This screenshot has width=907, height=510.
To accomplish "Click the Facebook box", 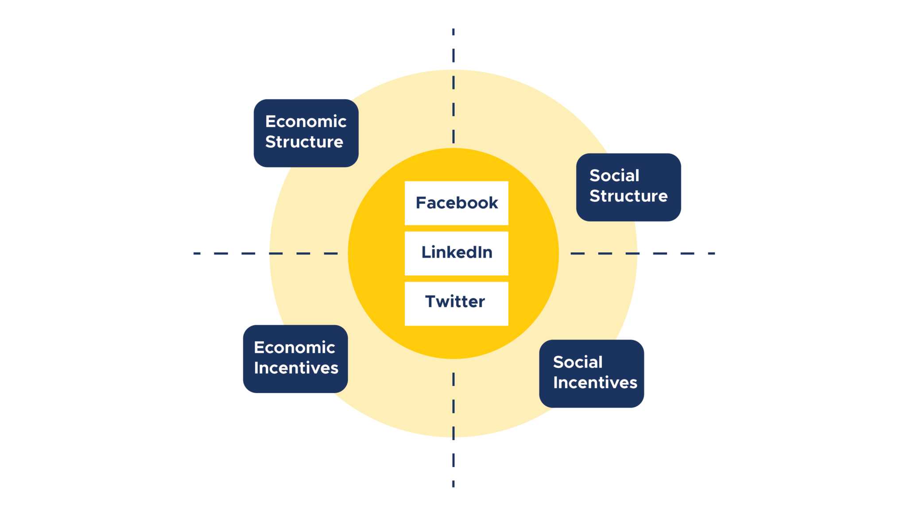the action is (456, 203).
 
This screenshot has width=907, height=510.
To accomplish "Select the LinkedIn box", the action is (456, 253).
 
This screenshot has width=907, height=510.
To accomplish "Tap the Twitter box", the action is (456, 304).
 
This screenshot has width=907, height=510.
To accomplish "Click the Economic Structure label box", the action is (306, 133).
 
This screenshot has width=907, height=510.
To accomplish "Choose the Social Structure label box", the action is (628, 187).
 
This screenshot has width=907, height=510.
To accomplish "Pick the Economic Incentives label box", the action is (295, 359).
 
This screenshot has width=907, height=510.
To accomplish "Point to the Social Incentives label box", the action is (591, 374).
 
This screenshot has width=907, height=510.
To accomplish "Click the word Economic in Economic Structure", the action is (306, 121).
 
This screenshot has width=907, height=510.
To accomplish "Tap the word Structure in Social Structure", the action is (628, 196).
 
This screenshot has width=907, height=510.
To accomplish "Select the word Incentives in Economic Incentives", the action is (296, 368).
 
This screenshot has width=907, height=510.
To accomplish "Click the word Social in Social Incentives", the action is (578, 362).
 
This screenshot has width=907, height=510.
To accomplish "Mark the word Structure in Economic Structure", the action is (304, 142).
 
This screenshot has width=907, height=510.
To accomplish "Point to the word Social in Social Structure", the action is (614, 175).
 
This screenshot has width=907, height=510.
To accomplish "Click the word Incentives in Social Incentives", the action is (595, 382).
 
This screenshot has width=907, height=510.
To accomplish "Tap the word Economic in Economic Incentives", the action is (295, 348).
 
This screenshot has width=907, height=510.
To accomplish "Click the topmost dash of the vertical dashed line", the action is (453, 32).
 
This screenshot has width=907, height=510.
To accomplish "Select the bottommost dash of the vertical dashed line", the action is (453, 484).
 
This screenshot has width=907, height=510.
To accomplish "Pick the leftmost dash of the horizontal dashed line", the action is (197, 253).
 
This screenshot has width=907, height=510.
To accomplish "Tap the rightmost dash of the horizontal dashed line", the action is (711, 253).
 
